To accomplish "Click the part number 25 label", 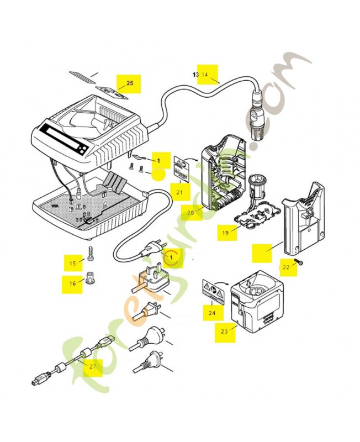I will pyautogui.click(x=130, y=83).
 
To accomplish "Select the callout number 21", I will pyautogui.click(x=179, y=192).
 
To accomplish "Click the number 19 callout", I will pyautogui.click(x=225, y=233).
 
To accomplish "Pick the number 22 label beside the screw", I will pyautogui.click(x=285, y=267).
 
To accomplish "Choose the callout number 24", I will pyautogui.click(x=211, y=313).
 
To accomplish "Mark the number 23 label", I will pyautogui.click(x=224, y=331).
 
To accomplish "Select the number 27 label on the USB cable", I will pyautogui.click(x=92, y=366).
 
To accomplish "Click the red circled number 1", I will pyautogui.click(x=172, y=257).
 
